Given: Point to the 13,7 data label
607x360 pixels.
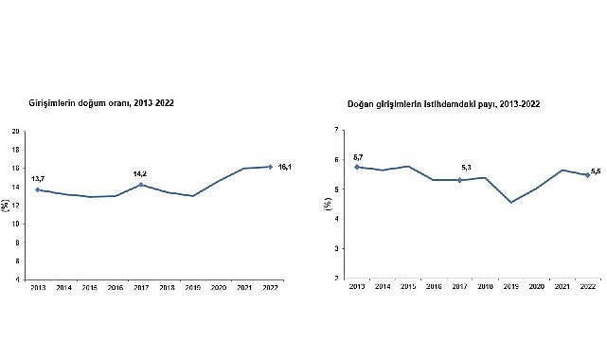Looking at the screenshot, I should click(x=38, y=178).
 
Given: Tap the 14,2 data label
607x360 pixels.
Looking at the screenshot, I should click(x=142, y=173).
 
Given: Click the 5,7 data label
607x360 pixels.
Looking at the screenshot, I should click(x=358, y=156).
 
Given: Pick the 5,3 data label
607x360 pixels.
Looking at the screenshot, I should click(x=462, y=170).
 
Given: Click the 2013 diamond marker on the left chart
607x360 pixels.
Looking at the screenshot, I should click(x=38, y=189).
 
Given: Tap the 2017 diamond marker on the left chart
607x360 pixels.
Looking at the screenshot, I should click(x=142, y=185).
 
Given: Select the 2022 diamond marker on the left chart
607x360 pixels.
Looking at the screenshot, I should click(x=271, y=167).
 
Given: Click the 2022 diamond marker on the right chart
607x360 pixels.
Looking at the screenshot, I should click(x=587, y=174).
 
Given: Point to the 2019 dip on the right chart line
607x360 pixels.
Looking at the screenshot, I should click(x=510, y=202).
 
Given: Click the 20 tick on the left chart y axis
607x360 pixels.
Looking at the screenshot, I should click(x=15, y=131).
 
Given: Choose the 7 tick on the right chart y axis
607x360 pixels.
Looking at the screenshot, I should click(x=338, y=129).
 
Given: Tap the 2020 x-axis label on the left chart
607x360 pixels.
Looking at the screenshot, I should click(x=219, y=285).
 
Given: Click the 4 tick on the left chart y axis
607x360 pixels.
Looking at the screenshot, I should click(x=17, y=279).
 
